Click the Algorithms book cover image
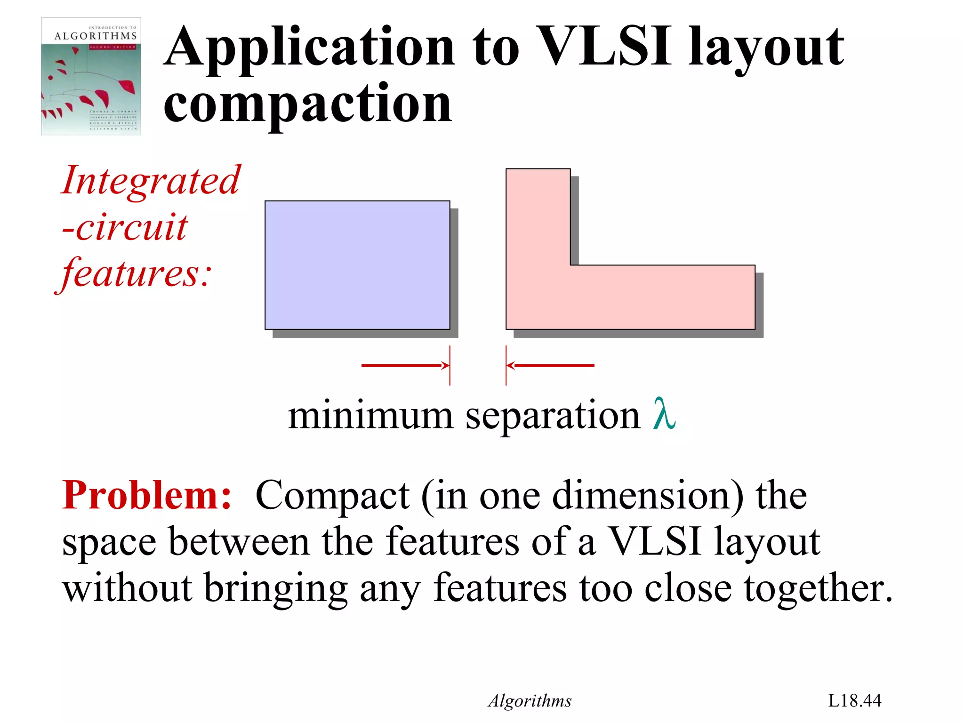click(x=91, y=76)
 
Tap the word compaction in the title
click(x=307, y=104)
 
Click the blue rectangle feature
click(x=357, y=265)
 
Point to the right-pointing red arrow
click(x=405, y=365)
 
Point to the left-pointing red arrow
click(x=551, y=365)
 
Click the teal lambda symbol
click(x=664, y=413)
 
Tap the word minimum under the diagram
click(x=370, y=416)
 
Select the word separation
click(x=553, y=417)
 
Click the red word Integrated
click(x=151, y=180)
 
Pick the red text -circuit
click(x=125, y=227)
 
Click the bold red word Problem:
click(x=147, y=495)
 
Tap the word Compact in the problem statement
click(x=332, y=496)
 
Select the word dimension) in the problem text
click(x=648, y=496)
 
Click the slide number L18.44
click(x=854, y=700)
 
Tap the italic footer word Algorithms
click(x=530, y=701)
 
